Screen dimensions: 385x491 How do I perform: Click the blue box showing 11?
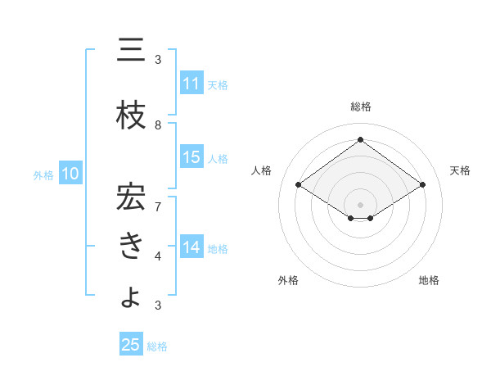191,84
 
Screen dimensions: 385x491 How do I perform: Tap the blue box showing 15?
191,157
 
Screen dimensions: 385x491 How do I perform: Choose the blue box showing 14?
191,247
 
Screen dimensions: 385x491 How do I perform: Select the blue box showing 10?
70,174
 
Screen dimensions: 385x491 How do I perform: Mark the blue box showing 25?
130,345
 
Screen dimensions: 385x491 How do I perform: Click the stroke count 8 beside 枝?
158,125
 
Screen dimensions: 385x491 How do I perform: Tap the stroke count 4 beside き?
158,256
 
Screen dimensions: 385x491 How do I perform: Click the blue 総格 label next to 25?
157,346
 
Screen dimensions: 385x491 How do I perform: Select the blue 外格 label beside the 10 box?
43,174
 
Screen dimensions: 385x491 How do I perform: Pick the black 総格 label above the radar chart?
360,106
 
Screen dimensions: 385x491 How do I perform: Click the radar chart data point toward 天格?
422,185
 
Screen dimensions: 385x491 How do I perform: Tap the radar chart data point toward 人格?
299,185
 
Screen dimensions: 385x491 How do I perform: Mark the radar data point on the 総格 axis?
360,140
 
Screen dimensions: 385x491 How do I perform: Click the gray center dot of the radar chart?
360,203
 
